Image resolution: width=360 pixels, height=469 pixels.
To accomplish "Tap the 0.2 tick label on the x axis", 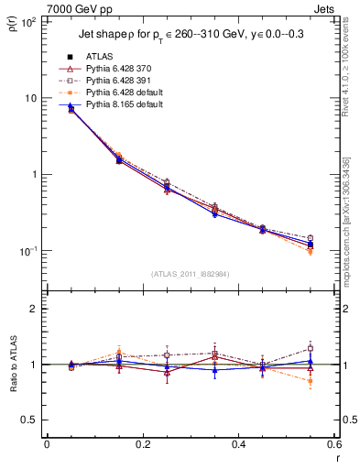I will pyautogui.click(x=142, y=444).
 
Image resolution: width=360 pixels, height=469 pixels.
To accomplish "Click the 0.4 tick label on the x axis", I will pyautogui.click(x=238, y=444).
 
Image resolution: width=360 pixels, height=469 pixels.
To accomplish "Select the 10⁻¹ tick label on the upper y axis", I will pyautogui.click(x=29, y=251).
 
